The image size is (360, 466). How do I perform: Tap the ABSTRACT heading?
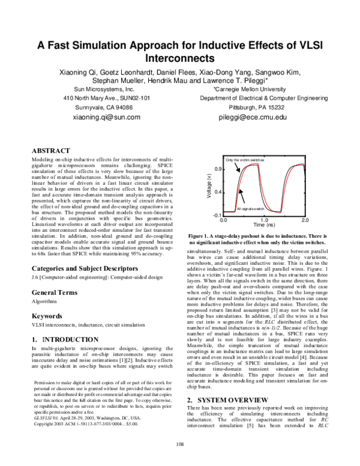click(53, 149)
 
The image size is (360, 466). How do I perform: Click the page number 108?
click(179, 461)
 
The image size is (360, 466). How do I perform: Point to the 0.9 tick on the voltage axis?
click(219, 170)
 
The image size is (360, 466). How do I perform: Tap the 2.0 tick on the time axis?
click(305, 220)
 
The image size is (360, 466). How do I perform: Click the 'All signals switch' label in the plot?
click(250, 208)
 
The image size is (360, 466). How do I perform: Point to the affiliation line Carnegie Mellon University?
click(252, 87)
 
